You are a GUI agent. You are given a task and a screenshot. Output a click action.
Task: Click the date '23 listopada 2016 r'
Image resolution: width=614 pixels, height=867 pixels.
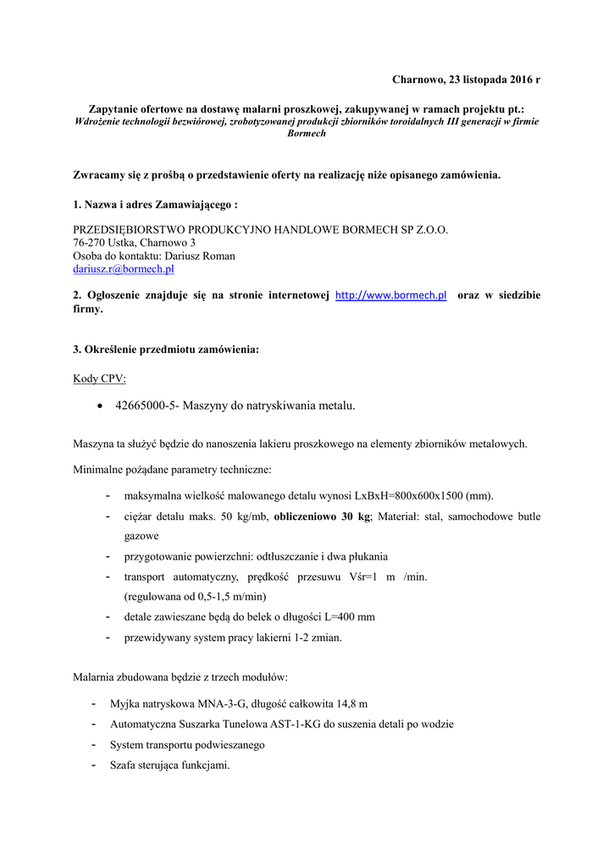click(490, 80)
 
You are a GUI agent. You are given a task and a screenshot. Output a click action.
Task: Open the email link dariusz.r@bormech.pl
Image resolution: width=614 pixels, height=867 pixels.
click(124, 268)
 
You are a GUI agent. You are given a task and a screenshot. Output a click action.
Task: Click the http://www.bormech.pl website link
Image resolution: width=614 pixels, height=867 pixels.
click(390, 295)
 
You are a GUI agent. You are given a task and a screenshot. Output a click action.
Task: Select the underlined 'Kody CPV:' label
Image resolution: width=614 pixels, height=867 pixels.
click(99, 378)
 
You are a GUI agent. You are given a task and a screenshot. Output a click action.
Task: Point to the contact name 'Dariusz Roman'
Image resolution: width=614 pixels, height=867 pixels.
click(201, 256)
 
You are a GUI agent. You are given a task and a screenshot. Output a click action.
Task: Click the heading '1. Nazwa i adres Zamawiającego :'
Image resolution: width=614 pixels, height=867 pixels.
click(155, 205)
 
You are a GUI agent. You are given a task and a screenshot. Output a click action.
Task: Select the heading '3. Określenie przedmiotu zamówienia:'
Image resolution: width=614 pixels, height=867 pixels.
click(166, 350)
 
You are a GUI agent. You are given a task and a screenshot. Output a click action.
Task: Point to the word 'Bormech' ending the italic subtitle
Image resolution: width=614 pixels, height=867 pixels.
click(307, 134)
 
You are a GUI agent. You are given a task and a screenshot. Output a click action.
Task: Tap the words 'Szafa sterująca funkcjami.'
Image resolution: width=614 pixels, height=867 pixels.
click(170, 765)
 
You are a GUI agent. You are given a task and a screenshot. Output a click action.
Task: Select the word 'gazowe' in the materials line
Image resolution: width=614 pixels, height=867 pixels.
click(141, 536)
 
